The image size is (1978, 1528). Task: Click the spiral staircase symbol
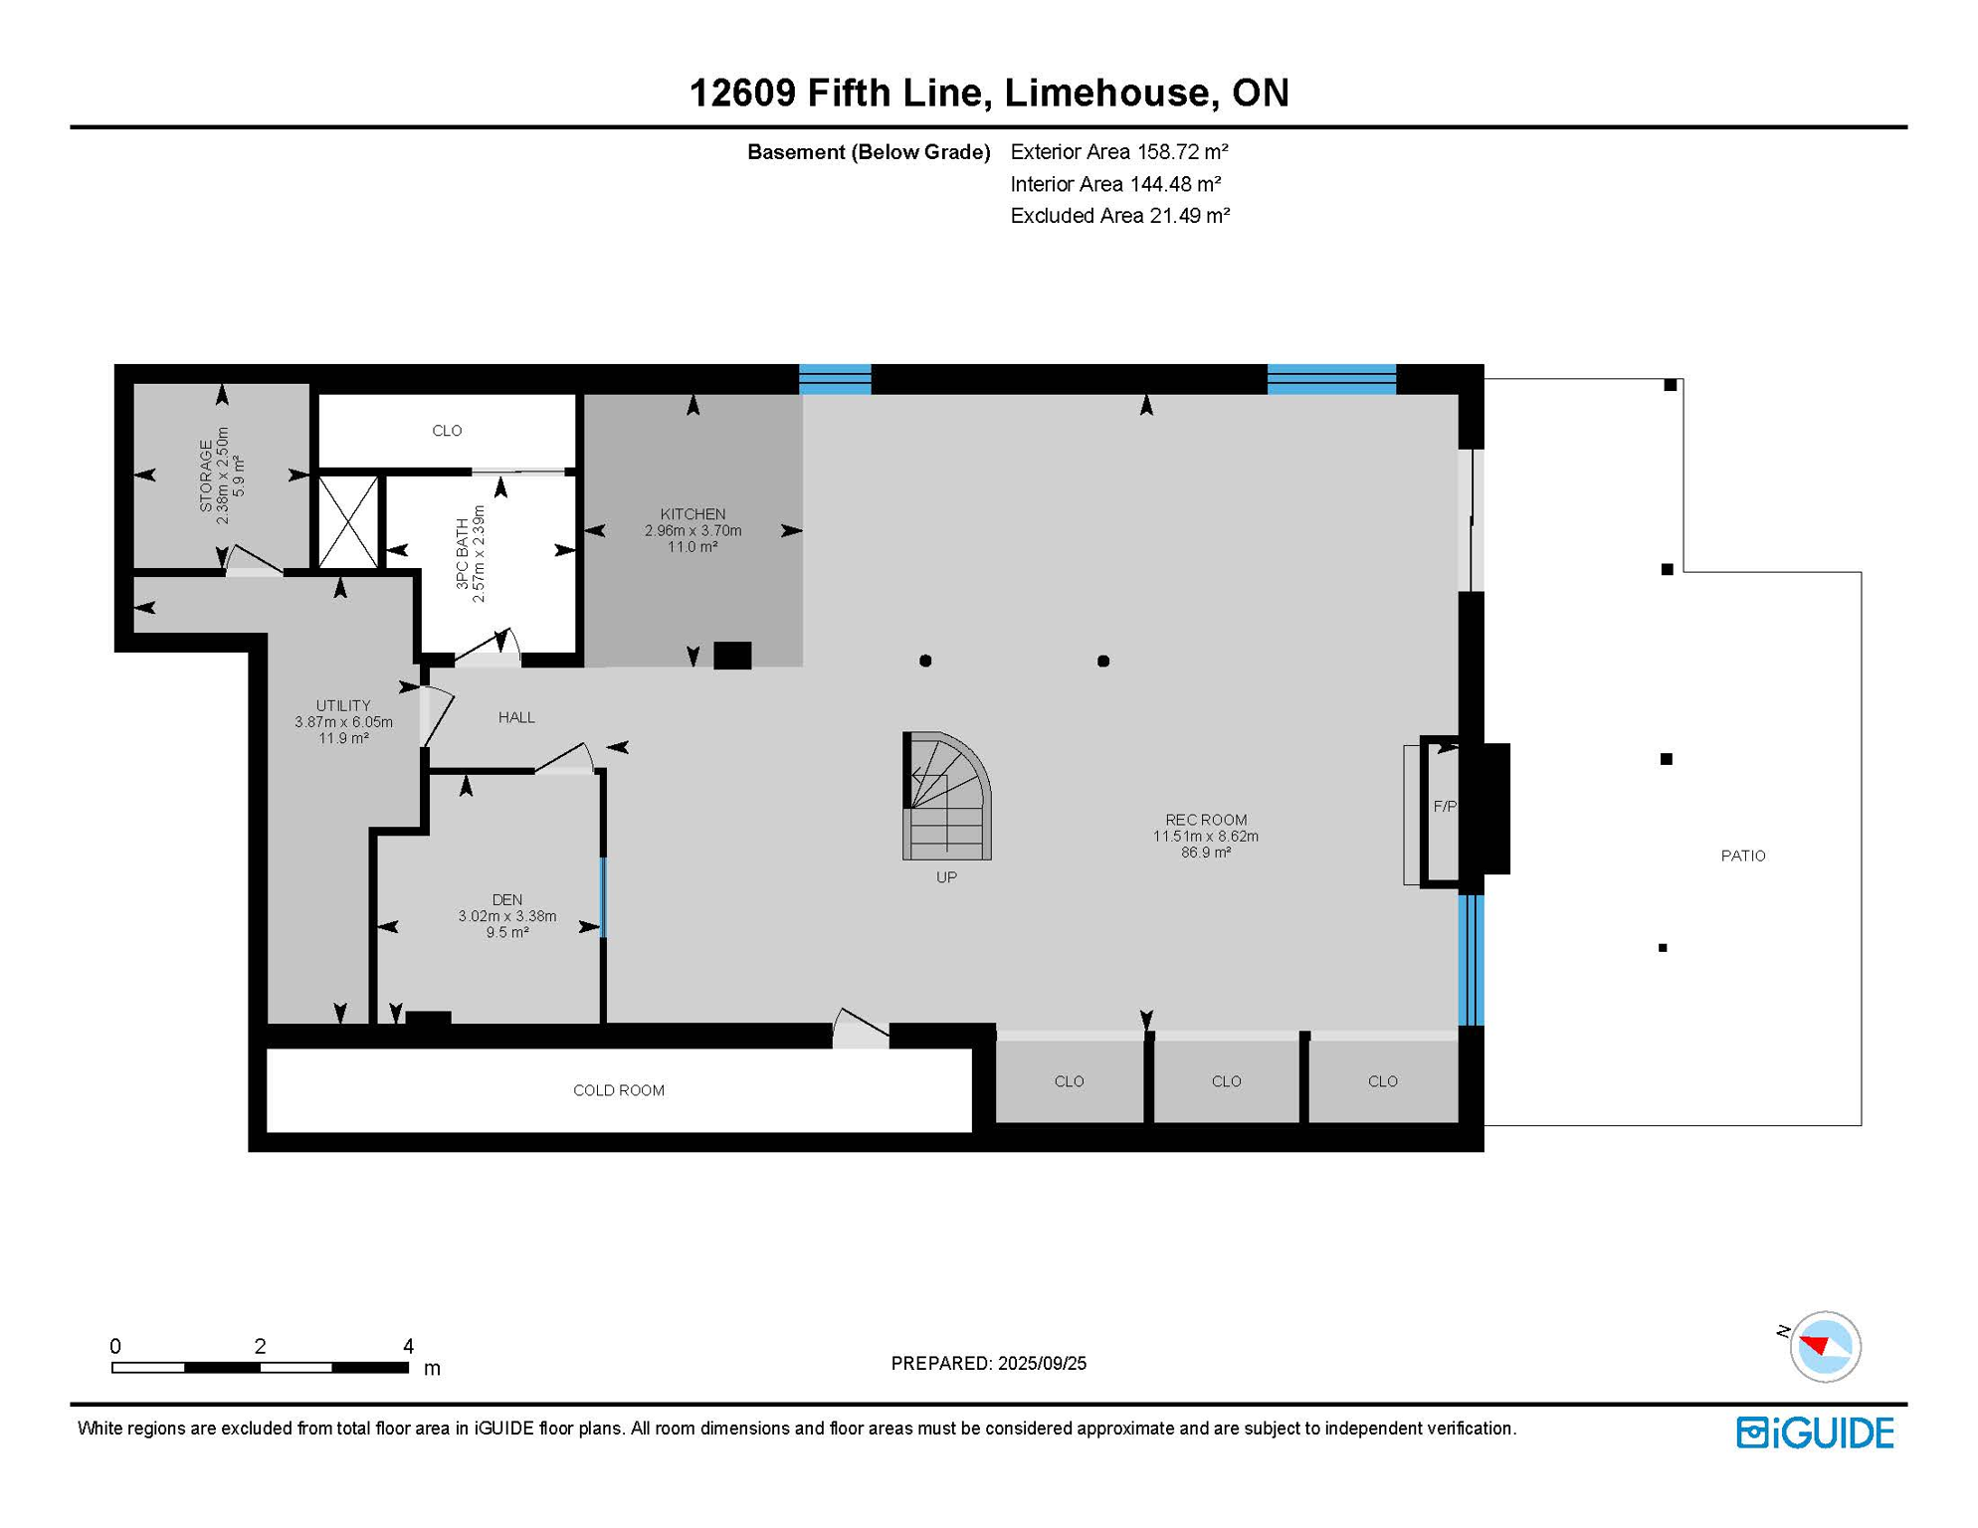click(x=946, y=797)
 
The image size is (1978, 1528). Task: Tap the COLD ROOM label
click(x=618, y=1090)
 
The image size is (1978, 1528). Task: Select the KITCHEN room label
click(x=692, y=514)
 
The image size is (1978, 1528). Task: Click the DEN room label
click(x=506, y=899)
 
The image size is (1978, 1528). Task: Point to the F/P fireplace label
click(x=1444, y=807)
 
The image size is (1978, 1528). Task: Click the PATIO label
click(x=1743, y=856)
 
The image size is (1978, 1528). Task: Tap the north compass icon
click(x=1824, y=1346)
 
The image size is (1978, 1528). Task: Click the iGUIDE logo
click(x=1815, y=1432)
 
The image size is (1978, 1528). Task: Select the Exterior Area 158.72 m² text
click(x=1118, y=152)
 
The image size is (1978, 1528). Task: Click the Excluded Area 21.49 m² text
click(x=1119, y=216)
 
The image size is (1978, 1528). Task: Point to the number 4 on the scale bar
click(x=408, y=1346)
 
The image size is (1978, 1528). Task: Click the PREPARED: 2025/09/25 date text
click(x=988, y=1363)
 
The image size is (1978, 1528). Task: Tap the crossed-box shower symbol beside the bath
click(x=348, y=522)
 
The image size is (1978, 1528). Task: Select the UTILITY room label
click(x=343, y=705)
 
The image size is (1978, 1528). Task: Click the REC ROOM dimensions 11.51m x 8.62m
click(x=1205, y=836)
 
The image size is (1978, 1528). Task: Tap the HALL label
click(x=516, y=717)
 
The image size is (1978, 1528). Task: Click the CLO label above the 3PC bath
click(x=447, y=431)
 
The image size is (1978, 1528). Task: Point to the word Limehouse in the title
click(x=1107, y=93)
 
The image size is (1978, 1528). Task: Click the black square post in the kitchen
click(x=732, y=656)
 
